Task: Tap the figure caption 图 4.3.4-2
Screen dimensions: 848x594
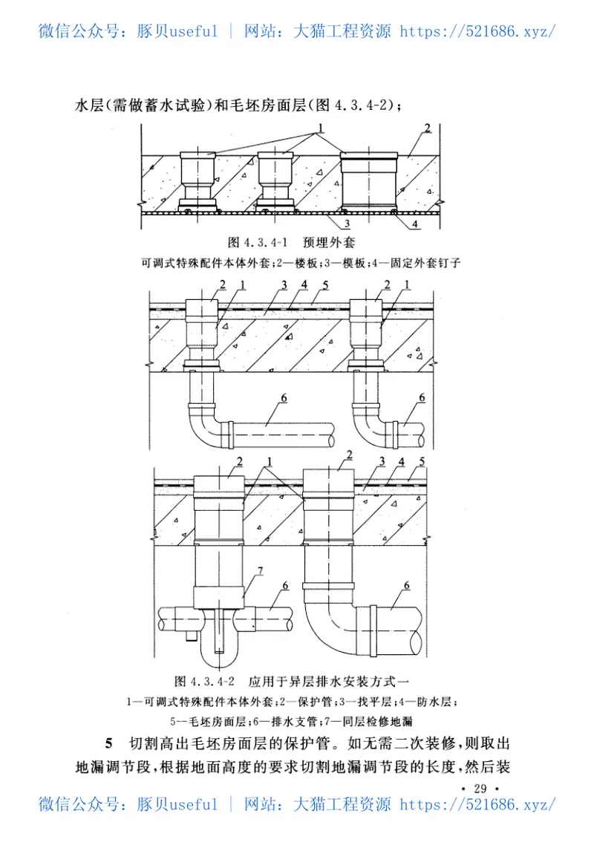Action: (203, 680)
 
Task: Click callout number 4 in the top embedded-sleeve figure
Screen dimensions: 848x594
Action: (415, 223)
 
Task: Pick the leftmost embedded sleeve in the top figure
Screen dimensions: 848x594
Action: (198, 181)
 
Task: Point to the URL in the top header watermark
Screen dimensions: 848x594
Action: (478, 32)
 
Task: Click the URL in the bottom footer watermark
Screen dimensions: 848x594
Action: (478, 804)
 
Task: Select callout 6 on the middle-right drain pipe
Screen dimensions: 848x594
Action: (421, 399)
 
